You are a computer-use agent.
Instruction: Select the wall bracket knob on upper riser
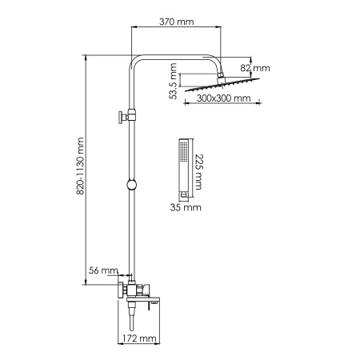click(122, 116)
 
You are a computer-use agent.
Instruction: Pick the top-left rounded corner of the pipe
click(135, 62)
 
